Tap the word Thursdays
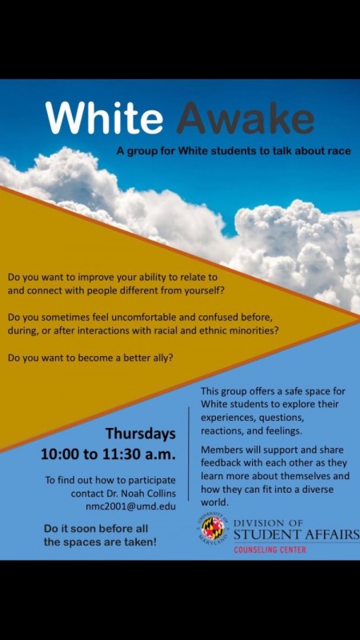click(x=141, y=434)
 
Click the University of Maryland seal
click(x=213, y=528)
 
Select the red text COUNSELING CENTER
click(x=270, y=550)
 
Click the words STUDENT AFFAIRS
click(x=297, y=535)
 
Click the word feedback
click(x=218, y=463)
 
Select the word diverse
click(x=318, y=489)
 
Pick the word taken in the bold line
click(x=144, y=543)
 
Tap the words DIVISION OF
click(x=268, y=523)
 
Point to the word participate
click(x=154, y=480)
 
